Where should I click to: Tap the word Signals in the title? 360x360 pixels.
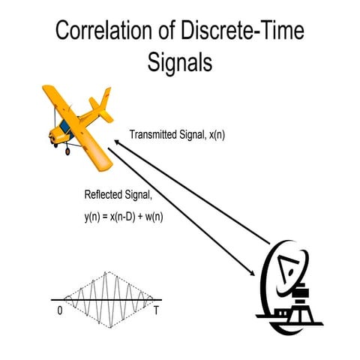click(180, 62)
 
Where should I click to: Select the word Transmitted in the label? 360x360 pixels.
click(155, 135)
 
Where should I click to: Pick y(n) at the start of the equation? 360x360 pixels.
click(94, 217)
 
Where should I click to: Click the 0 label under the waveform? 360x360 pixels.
click(59, 310)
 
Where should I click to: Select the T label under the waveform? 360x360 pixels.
click(156, 310)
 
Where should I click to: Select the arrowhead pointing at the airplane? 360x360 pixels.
click(118, 139)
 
